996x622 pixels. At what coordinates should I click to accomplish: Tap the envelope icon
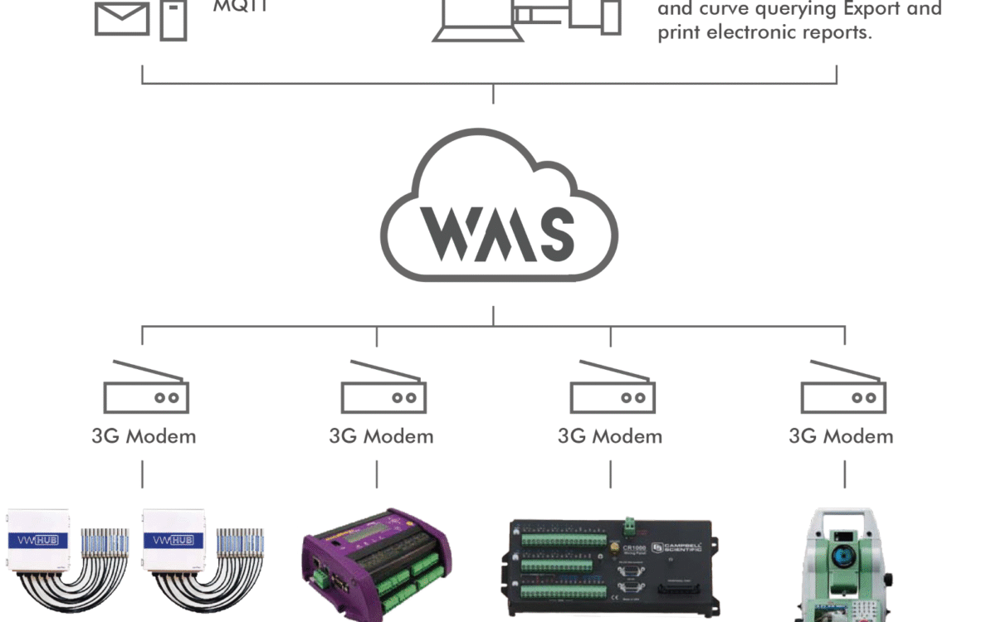pyautogui.click(x=122, y=18)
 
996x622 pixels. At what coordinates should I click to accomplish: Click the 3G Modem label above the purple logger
pyautogui.click(x=381, y=436)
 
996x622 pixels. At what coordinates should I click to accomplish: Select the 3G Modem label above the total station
pyautogui.click(x=841, y=436)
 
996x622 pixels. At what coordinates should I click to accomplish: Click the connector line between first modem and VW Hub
pyautogui.click(x=143, y=474)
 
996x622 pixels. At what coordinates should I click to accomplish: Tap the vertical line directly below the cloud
pyautogui.click(x=493, y=315)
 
